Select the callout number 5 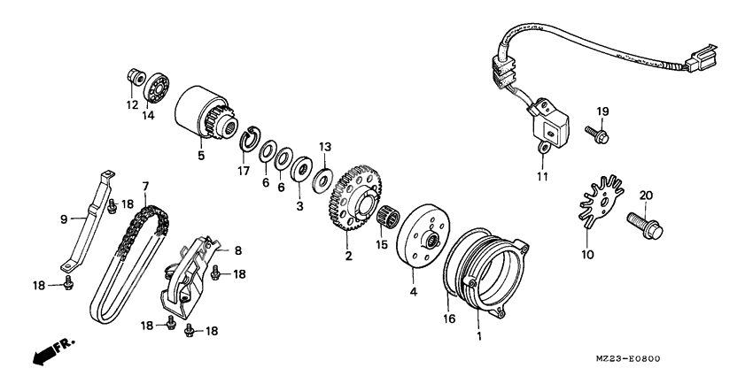tap(201, 156)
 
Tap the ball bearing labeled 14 tap(159, 85)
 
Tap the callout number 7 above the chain tap(144, 187)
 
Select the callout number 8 tap(237, 250)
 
